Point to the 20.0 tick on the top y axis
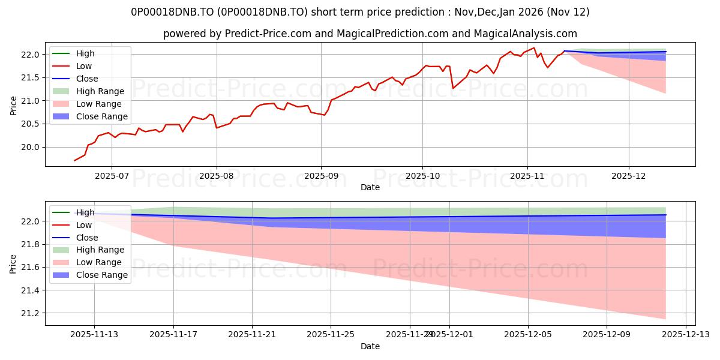[31, 147]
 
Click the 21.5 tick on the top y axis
[31, 77]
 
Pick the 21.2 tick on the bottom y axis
[31, 313]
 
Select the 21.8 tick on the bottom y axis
[31, 244]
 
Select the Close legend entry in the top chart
[87, 79]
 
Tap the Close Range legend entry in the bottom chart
[102, 275]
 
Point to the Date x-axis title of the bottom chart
[370, 346]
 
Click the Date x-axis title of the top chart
[370, 187]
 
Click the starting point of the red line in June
[74, 160]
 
